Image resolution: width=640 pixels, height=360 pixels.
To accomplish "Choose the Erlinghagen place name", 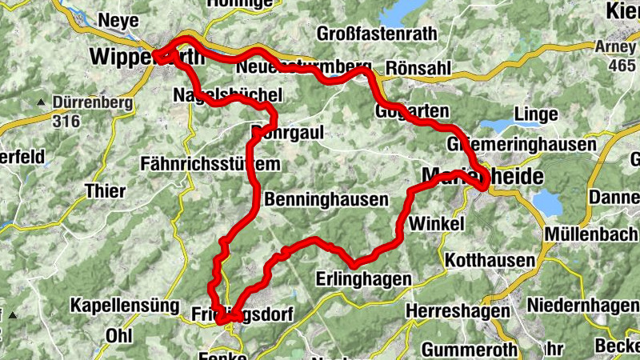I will [363, 278].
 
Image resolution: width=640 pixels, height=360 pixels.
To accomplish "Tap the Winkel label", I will [436, 223].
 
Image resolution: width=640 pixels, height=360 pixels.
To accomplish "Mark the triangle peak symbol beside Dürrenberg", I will [39, 102].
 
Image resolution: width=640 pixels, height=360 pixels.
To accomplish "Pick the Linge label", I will [535, 114].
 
